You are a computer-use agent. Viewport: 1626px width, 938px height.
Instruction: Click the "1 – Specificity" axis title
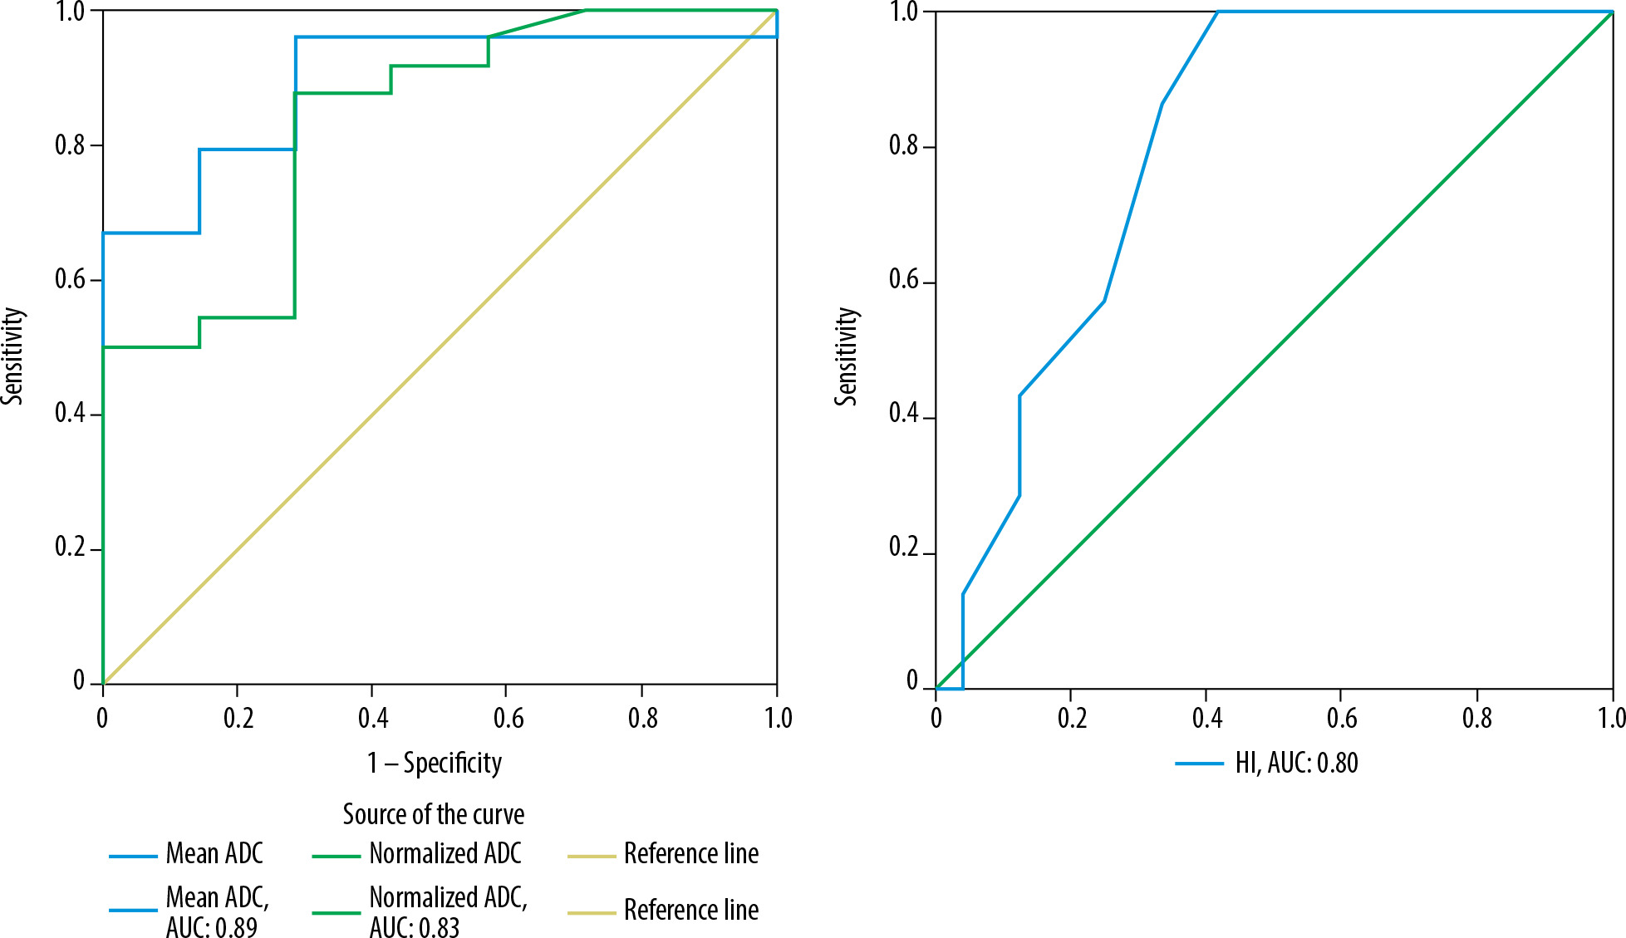pos(435,763)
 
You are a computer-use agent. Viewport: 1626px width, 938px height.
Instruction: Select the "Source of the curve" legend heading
pos(433,814)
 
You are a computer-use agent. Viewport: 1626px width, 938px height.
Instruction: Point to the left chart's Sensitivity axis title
pos(13,356)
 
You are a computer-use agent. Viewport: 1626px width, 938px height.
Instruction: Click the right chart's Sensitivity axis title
pos(847,356)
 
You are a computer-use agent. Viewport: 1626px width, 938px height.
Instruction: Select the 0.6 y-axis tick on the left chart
pos(71,279)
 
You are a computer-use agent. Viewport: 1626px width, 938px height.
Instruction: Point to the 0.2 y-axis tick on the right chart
pos(904,548)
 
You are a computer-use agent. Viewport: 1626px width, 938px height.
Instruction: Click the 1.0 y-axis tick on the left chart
pos(71,12)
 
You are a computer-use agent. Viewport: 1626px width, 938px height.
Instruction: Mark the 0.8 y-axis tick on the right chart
pos(904,146)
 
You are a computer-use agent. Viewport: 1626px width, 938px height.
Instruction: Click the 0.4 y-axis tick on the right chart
pos(904,414)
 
